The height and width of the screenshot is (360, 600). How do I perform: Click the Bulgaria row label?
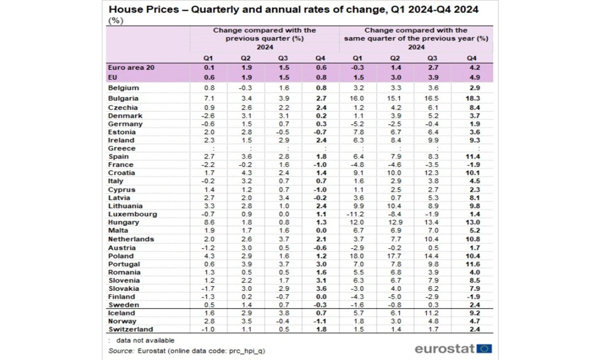[123, 99]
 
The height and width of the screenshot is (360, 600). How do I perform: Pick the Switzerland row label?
[130, 329]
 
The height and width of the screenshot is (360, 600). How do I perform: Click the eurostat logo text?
[444, 348]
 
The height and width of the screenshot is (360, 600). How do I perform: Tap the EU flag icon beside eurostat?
[484, 348]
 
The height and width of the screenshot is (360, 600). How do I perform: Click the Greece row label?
[121, 148]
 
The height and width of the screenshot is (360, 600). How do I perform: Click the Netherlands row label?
[131, 239]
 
